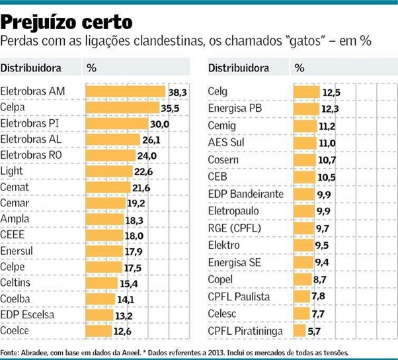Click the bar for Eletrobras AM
pos(125,91)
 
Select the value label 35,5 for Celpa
pos(171,108)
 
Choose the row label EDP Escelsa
pos(27,314)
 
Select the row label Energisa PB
pos(235,108)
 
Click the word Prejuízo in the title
pos(36,22)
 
